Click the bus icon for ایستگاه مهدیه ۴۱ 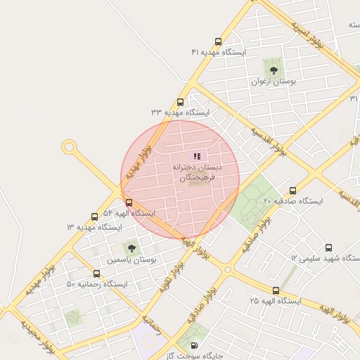219,41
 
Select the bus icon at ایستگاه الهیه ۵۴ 128,202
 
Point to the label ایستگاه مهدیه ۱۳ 94,227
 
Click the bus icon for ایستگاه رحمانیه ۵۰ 96,274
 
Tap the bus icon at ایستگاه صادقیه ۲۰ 292,191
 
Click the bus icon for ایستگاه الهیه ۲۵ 275,290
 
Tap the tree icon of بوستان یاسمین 130,247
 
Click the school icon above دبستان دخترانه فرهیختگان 197,156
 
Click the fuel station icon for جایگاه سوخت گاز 194,345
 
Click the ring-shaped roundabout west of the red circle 69,147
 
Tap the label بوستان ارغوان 274,82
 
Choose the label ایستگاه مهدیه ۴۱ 218,53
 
